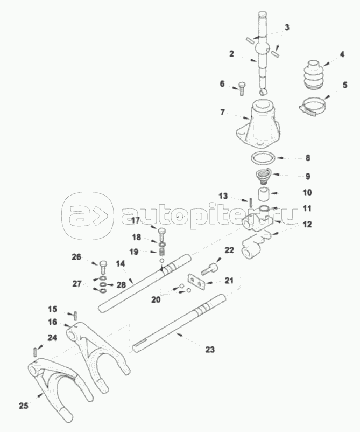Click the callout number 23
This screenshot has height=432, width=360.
point(210,350)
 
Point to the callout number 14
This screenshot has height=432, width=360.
point(120,264)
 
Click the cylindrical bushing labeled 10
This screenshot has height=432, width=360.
point(263,192)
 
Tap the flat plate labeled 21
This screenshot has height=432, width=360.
point(195,283)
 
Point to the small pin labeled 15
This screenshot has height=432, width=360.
point(76,314)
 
